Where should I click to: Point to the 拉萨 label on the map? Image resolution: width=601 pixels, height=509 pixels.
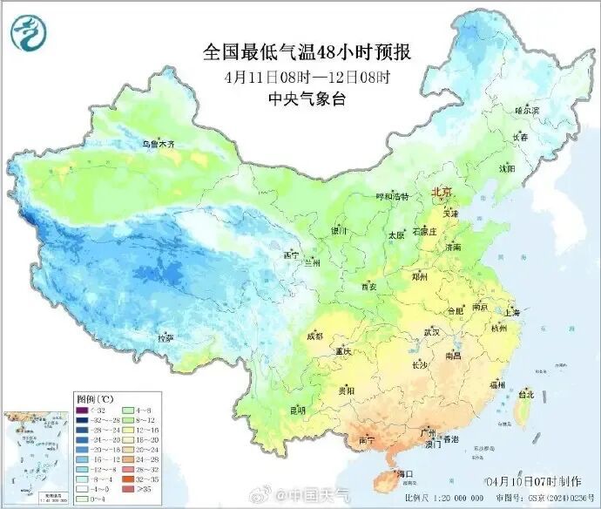165,337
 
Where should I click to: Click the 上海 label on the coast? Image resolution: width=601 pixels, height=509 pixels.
511,312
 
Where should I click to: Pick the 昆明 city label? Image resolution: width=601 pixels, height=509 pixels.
298,409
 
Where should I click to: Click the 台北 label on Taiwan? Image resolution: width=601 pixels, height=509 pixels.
525,394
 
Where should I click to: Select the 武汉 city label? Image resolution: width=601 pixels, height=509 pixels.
431,332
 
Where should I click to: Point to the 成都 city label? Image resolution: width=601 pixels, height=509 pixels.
314,336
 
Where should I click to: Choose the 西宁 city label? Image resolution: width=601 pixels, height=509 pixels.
291,254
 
